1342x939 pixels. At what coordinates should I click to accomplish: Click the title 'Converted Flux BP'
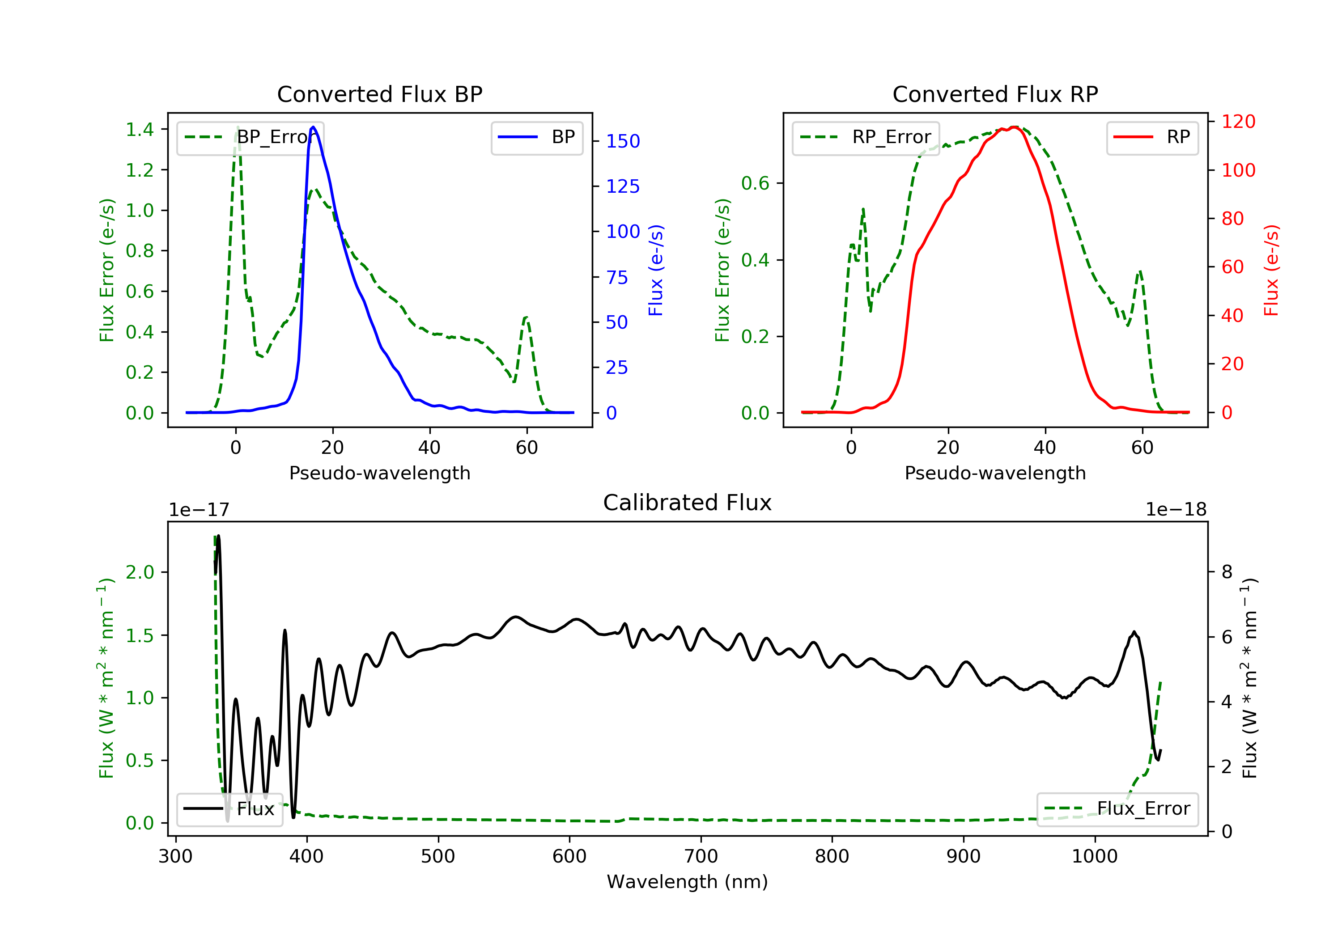click(x=379, y=94)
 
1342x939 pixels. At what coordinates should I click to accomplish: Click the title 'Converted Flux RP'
click(x=995, y=94)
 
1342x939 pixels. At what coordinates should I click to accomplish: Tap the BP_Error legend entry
click(x=250, y=137)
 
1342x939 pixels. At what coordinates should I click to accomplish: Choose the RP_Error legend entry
click(x=866, y=137)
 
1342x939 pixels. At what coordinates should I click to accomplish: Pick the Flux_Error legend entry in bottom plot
click(x=1117, y=809)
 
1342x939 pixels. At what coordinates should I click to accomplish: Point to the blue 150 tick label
click(x=623, y=141)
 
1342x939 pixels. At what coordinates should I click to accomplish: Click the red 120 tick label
click(x=1238, y=122)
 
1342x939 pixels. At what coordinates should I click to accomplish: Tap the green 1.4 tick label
click(x=140, y=129)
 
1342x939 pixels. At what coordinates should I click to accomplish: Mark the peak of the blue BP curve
click(x=313, y=127)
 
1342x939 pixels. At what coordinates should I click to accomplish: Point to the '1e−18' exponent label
click(x=1176, y=510)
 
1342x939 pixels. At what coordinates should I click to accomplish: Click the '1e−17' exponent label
click(x=199, y=510)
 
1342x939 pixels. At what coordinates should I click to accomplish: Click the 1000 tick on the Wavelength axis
click(x=1094, y=857)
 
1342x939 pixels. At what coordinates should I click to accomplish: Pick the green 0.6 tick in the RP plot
click(x=755, y=183)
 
